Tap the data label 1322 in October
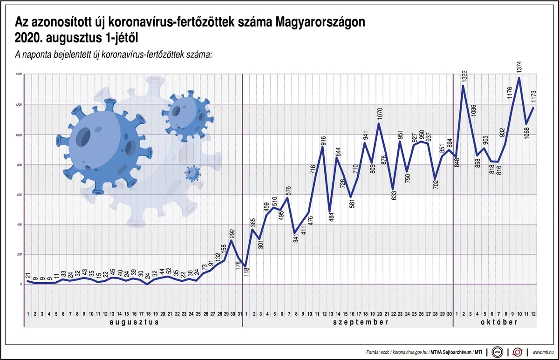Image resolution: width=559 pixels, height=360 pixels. point(464,77)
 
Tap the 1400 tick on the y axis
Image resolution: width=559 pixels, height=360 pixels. point(19,75)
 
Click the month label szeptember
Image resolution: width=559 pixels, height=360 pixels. point(348,322)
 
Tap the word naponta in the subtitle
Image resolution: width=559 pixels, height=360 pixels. point(39,54)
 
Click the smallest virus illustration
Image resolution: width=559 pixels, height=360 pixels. point(192,173)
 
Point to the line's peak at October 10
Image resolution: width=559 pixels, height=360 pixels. point(519,78)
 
